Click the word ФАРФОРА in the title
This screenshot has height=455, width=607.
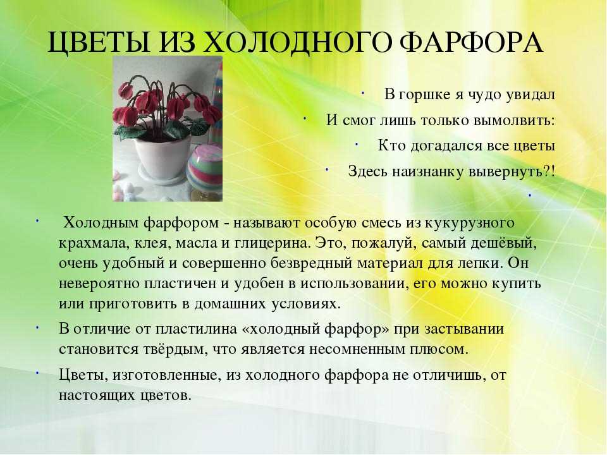tap(471, 42)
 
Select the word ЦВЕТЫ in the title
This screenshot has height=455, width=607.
tap(99, 44)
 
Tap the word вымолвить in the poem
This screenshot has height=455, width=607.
tap(514, 120)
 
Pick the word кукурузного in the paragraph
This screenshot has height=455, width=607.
tap(470, 223)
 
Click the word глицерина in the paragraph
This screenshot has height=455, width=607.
tap(272, 243)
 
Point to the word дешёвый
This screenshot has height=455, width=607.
tap(503, 243)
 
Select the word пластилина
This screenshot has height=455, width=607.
tap(196, 329)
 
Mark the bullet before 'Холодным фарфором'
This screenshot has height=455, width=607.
tap(38, 221)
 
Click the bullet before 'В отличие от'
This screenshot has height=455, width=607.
tap(38, 327)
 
